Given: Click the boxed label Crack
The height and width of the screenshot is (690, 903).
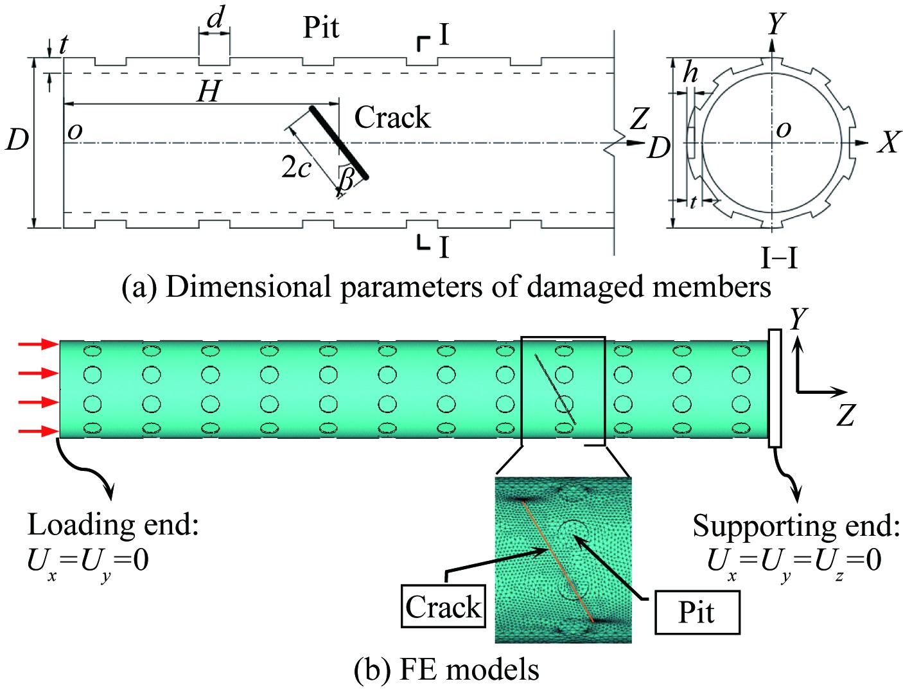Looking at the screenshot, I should click(443, 606).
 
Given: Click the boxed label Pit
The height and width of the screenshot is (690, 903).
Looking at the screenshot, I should click(697, 612).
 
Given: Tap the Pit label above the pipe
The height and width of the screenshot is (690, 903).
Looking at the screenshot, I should click(320, 28).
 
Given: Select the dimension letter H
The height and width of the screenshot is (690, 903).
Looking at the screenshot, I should click(209, 91).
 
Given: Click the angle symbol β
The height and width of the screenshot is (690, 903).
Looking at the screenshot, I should click(346, 178).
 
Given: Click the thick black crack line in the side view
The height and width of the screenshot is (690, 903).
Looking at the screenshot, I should click(339, 142).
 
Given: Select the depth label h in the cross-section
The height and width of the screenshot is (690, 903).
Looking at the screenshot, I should click(690, 73).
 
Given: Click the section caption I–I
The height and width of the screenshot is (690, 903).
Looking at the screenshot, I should click(779, 258).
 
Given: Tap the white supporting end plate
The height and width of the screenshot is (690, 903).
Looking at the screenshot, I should click(775, 388).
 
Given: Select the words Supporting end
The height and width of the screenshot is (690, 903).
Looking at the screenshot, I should click(796, 526).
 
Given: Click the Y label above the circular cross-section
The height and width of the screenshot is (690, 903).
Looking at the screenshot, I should click(776, 24).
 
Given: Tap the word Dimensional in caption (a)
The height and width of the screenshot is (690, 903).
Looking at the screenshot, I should click(247, 287).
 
